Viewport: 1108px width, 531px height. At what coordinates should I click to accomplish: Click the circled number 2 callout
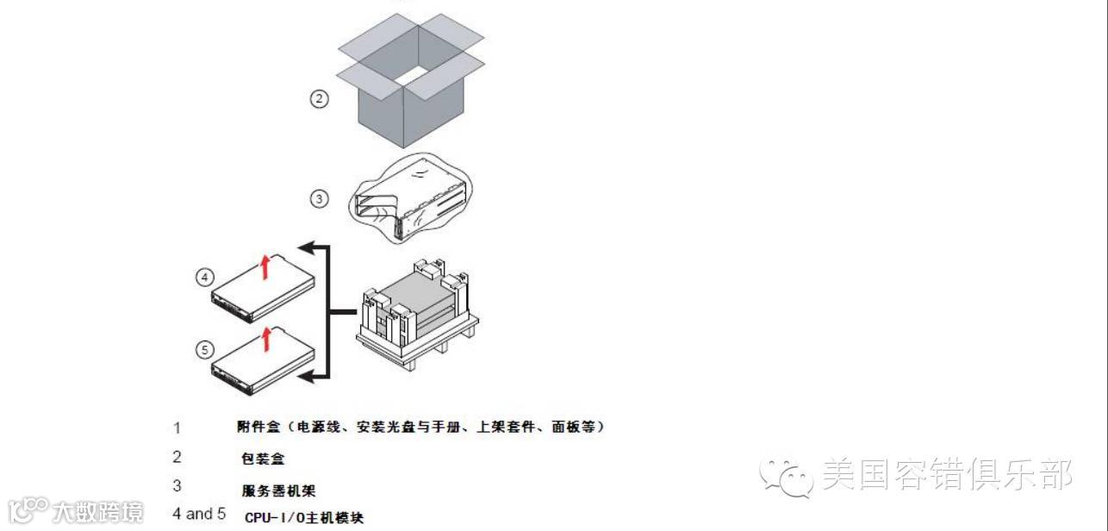320,99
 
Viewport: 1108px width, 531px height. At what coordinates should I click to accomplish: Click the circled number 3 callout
320,199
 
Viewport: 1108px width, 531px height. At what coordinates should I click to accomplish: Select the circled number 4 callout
204,278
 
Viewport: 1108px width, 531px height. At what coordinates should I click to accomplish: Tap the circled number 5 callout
204,350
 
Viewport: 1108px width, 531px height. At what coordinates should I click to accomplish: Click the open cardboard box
411,86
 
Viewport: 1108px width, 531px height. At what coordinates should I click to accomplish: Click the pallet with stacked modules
417,315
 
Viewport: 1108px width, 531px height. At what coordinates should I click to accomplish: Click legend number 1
177,428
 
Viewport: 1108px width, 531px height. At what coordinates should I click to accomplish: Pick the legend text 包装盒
263,459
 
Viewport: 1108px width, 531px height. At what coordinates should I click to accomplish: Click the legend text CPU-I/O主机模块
304,518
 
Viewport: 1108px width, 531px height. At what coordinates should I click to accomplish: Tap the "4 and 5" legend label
199,514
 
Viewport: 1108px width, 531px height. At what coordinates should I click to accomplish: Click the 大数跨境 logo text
96,511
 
